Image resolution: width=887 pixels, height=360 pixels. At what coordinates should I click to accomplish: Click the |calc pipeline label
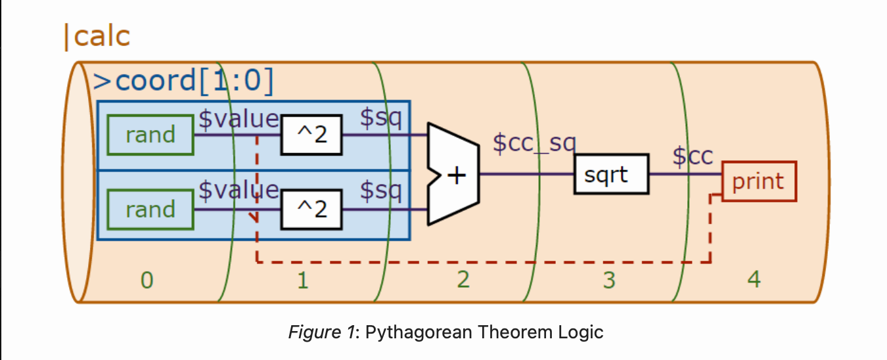(x=97, y=37)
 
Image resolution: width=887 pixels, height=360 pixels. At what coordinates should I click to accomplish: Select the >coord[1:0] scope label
(x=183, y=81)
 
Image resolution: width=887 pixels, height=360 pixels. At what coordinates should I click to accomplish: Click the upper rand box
(x=150, y=135)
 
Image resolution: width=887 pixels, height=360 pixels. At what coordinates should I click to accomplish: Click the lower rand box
(x=150, y=210)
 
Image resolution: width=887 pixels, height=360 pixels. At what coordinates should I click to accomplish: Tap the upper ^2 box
(x=311, y=136)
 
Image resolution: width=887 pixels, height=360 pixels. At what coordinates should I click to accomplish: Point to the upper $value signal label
(x=239, y=119)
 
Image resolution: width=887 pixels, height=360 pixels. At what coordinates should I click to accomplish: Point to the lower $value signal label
(x=239, y=191)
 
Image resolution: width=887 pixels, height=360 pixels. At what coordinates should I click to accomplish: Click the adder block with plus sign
(x=454, y=175)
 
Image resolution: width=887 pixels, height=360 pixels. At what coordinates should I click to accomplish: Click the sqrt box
(x=611, y=175)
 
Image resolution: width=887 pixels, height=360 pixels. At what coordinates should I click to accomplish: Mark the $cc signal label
(x=693, y=156)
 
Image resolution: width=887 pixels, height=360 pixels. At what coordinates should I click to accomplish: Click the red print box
(x=759, y=181)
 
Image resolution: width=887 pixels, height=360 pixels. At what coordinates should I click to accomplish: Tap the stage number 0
(x=147, y=281)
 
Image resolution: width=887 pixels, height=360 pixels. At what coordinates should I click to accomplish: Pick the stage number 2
(x=463, y=280)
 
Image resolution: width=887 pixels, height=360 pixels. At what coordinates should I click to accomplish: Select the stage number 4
(x=754, y=280)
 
